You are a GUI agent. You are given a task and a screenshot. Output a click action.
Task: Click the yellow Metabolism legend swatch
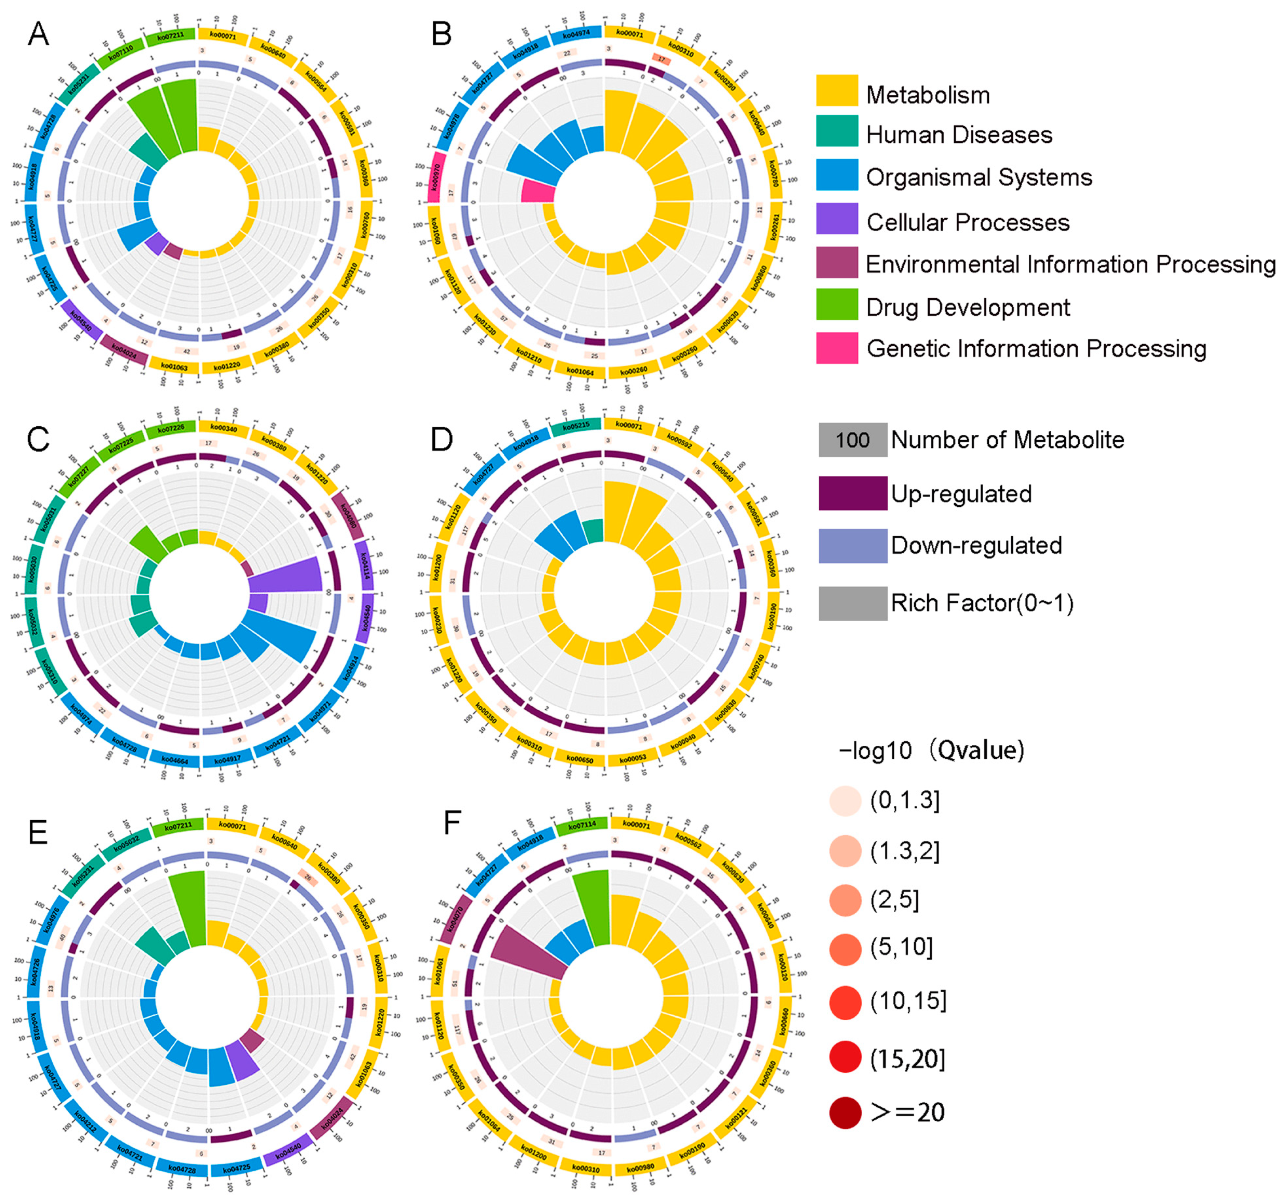tap(836, 91)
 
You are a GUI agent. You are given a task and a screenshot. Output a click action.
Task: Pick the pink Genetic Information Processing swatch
tap(836, 348)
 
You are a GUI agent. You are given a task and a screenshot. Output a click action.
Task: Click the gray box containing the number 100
tap(853, 440)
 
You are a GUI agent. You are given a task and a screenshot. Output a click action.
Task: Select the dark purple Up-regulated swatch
tap(853, 493)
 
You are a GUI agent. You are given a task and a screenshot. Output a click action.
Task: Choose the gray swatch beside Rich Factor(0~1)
tap(853, 603)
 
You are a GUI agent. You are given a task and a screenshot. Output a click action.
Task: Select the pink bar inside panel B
tap(537, 191)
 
